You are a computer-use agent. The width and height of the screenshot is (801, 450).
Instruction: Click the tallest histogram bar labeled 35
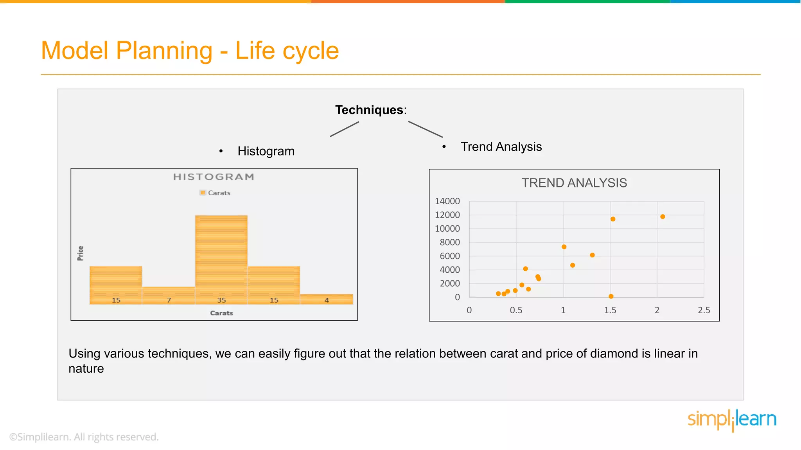(x=221, y=258)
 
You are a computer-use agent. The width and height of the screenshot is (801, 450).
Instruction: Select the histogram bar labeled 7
(x=169, y=295)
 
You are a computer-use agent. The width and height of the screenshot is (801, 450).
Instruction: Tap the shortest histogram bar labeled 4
(x=327, y=299)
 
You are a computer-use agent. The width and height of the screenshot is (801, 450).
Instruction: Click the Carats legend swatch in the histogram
(x=203, y=193)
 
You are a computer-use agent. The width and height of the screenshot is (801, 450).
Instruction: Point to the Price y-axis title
(x=80, y=253)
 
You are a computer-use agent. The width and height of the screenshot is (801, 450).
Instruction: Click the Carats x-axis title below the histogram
(x=221, y=313)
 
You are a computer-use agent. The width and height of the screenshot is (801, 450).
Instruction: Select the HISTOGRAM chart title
(x=214, y=177)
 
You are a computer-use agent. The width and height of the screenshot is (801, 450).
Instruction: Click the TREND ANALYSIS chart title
(x=574, y=183)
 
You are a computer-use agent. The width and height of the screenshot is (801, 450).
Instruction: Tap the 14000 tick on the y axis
(x=447, y=201)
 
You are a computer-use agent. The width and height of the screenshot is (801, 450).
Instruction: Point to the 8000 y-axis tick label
(x=449, y=242)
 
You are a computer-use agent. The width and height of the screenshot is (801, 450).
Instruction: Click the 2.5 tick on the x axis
(x=704, y=310)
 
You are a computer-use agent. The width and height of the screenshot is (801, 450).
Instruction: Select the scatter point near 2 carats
(x=663, y=217)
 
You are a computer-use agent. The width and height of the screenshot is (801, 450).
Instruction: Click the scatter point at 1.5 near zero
(x=611, y=296)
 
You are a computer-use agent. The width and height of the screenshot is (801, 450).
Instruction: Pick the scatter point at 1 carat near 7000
(x=564, y=247)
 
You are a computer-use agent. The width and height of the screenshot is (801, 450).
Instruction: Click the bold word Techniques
(x=369, y=110)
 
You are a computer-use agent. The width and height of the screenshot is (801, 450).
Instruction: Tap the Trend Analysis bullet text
(x=501, y=146)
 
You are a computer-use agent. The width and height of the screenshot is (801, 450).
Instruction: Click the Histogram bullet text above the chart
(x=266, y=151)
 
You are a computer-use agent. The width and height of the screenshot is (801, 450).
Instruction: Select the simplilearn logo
(x=732, y=420)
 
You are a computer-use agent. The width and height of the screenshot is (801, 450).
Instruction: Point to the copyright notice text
(x=84, y=437)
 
